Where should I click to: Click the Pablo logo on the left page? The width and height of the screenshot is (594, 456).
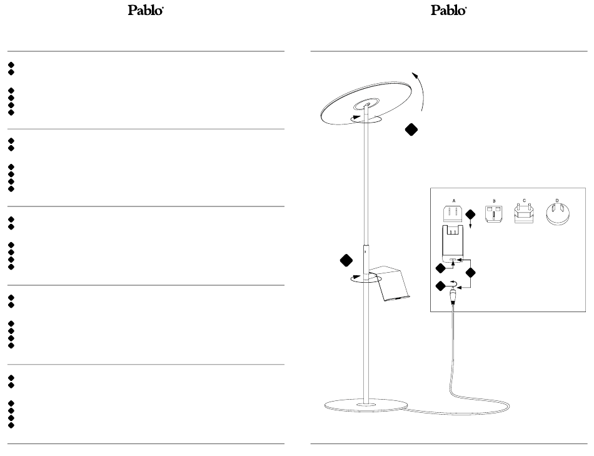point(146,11)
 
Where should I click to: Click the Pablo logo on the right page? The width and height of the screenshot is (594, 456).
point(449,11)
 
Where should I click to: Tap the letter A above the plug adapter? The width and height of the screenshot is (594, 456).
point(455,200)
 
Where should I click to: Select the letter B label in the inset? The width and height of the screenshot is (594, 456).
point(494,201)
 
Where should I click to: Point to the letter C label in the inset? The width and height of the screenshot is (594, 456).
point(525,200)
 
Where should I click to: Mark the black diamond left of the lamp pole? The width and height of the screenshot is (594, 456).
point(343,260)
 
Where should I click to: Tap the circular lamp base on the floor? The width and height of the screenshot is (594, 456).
point(365,405)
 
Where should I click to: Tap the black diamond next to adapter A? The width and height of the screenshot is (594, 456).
point(470,215)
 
